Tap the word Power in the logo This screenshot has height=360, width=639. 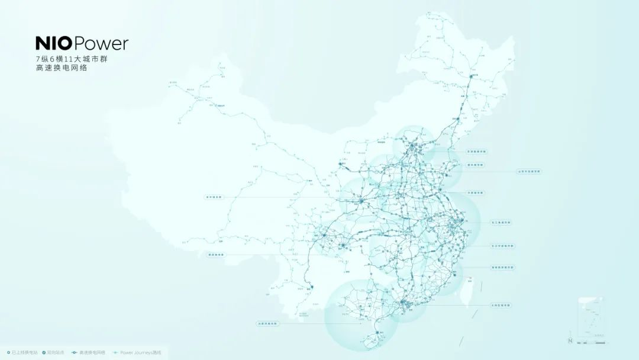click(101, 44)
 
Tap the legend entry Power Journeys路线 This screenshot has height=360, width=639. click(140, 352)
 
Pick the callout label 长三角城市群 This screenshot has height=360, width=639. click(501, 222)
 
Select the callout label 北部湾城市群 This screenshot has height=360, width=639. click(266, 324)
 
